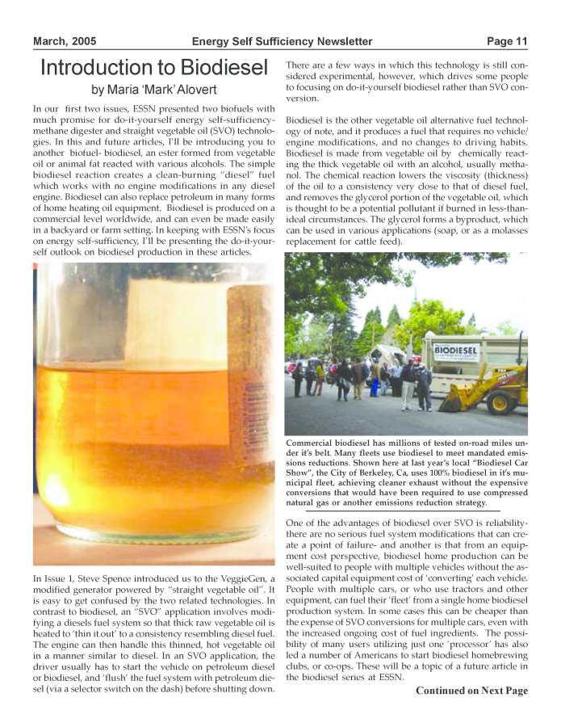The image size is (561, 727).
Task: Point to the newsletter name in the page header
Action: coord(282,41)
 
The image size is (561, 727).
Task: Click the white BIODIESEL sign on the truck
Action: coord(456,352)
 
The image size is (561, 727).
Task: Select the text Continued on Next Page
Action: coord(471,691)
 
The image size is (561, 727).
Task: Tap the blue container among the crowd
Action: coord(374,386)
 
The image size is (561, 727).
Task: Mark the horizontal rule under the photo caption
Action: coord(403,511)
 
